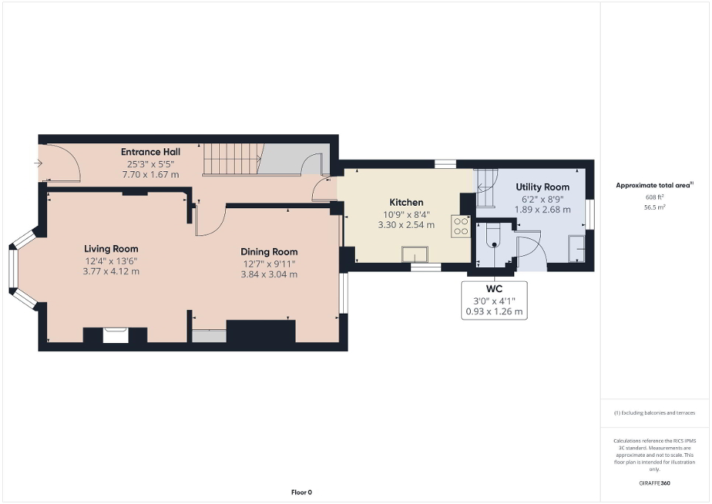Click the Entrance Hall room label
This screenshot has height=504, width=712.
click(x=151, y=152)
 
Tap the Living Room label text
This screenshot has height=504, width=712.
click(x=111, y=249)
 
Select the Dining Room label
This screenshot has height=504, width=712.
click(x=269, y=252)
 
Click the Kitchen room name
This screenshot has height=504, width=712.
click(x=406, y=202)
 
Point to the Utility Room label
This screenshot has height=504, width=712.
click(x=542, y=187)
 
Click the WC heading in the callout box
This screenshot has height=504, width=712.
click(x=494, y=289)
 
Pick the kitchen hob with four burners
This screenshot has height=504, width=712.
click(x=461, y=225)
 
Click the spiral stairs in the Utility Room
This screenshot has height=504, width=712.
click(x=487, y=187)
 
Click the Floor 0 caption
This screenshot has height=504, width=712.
click(x=300, y=492)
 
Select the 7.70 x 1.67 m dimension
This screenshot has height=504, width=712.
click(x=151, y=174)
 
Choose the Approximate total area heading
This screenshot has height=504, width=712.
click(x=654, y=185)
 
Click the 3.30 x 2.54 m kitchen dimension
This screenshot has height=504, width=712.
click(x=406, y=225)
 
